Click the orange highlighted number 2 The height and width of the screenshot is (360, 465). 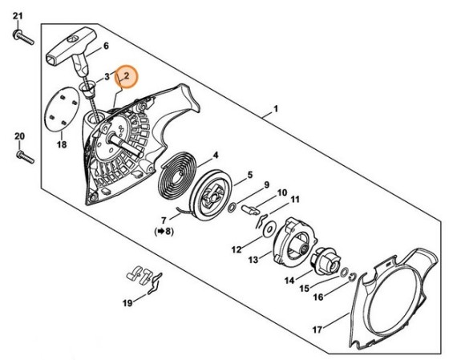(x=127, y=76)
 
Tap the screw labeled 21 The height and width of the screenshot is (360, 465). (x=24, y=38)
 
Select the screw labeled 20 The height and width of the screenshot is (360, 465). (x=26, y=157)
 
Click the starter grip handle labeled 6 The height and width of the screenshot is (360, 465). (x=72, y=50)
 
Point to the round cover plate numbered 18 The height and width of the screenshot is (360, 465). (x=62, y=109)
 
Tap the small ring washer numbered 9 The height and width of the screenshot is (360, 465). (x=232, y=208)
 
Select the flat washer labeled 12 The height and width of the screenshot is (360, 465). (x=269, y=229)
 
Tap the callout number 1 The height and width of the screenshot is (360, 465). (x=276, y=109)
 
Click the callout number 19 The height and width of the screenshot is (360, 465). (x=127, y=303)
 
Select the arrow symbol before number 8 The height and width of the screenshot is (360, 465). (x=160, y=231)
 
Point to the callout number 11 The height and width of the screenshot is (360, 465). (x=294, y=200)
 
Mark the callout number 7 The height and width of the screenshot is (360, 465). (x=164, y=220)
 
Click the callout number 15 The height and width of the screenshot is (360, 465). (x=305, y=288)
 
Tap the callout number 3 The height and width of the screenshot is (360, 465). (x=107, y=78)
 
